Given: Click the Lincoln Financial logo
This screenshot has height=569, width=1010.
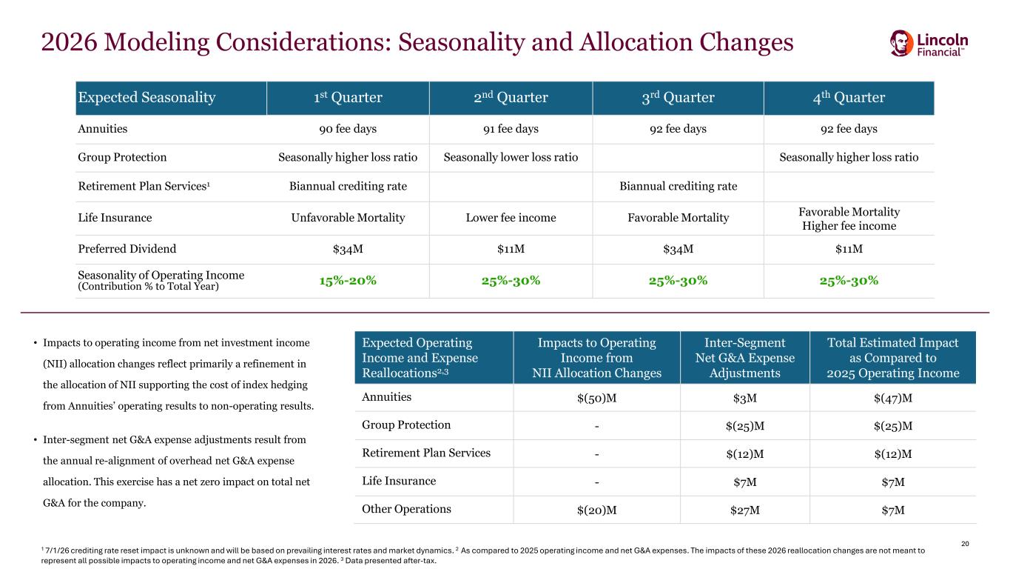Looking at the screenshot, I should (929, 43).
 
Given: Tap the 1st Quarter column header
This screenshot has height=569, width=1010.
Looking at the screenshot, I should (347, 98).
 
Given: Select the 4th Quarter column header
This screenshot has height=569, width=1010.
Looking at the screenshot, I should (848, 98).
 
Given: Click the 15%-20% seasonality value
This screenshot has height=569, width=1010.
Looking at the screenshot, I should (347, 281).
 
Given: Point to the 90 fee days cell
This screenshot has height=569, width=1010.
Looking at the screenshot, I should (347, 129).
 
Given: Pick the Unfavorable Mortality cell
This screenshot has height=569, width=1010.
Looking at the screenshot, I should (347, 218).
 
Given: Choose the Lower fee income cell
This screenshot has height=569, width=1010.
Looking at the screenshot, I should (511, 218).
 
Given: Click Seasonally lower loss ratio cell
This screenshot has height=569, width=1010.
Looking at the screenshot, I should (511, 157).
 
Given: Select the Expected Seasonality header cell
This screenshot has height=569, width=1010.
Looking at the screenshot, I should (147, 98).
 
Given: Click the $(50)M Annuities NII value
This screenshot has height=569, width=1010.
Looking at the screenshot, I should (596, 398).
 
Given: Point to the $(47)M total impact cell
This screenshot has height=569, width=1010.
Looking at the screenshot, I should (892, 398).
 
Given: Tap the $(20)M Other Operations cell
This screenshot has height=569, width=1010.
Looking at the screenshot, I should (596, 510).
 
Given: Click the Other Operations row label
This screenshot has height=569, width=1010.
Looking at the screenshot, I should (406, 510).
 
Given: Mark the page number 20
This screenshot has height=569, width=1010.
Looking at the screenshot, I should (964, 545).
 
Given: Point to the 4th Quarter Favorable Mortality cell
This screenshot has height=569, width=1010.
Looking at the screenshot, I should (848, 211).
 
